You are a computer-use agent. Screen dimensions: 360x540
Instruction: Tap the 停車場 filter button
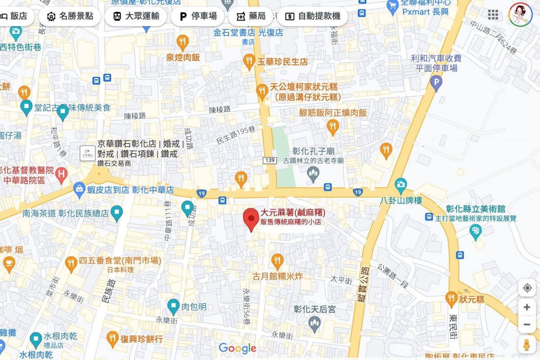click(x=198, y=17)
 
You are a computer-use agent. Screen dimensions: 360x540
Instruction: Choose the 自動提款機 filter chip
click(x=312, y=17)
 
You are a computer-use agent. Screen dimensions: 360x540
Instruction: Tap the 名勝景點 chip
click(x=70, y=17)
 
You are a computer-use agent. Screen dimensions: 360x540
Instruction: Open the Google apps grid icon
click(x=493, y=15)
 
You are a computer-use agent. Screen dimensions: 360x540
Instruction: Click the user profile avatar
click(x=520, y=14)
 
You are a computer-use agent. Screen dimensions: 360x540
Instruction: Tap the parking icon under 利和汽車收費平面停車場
click(x=435, y=82)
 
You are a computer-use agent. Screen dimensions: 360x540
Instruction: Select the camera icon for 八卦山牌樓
click(x=400, y=184)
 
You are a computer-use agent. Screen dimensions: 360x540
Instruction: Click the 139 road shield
click(x=269, y=161)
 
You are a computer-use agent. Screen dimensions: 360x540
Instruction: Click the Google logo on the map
click(x=237, y=348)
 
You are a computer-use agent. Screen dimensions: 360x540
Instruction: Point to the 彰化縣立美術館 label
click(x=475, y=209)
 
